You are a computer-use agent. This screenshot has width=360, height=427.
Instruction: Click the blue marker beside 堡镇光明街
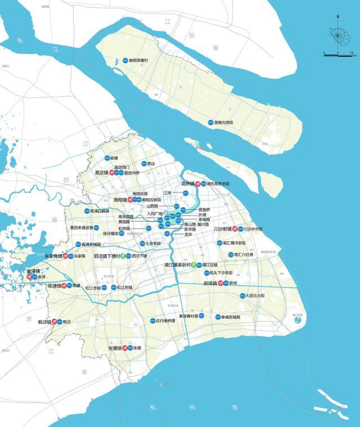(x=210, y=122)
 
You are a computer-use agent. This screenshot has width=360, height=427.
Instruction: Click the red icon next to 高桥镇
(x=197, y=184)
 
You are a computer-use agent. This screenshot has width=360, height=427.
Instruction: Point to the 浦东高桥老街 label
(x=218, y=184)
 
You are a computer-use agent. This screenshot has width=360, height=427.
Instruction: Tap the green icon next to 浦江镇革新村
(x=193, y=264)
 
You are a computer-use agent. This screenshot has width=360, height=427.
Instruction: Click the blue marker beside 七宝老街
(x=142, y=244)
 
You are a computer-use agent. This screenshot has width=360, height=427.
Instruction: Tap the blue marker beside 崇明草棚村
(x=125, y=60)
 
